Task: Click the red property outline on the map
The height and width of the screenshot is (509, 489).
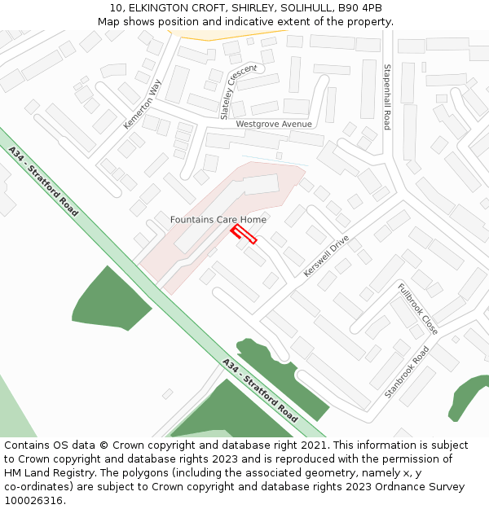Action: [x=244, y=235]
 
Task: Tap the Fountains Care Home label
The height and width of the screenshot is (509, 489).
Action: [x=218, y=220]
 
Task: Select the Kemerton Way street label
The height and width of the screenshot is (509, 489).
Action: [x=143, y=103]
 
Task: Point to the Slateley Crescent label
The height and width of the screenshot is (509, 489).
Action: [x=238, y=91]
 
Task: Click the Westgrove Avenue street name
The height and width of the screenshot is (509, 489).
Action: [x=274, y=124]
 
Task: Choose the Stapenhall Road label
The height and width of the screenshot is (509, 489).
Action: [x=387, y=97]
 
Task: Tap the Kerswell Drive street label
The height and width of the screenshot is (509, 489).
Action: [x=326, y=256]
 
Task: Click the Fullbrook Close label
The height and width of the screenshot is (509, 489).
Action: [x=418, y=309]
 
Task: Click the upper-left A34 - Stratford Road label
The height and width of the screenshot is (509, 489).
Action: [x=43, y=181]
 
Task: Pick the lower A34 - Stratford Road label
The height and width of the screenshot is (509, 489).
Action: [x=260, y=389]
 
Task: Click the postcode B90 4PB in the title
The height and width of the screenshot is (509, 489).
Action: [x=359, y=7]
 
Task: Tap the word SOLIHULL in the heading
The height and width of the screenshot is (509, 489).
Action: [x=299, y=7]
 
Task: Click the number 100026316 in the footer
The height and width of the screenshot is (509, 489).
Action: [x=34, y=500]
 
